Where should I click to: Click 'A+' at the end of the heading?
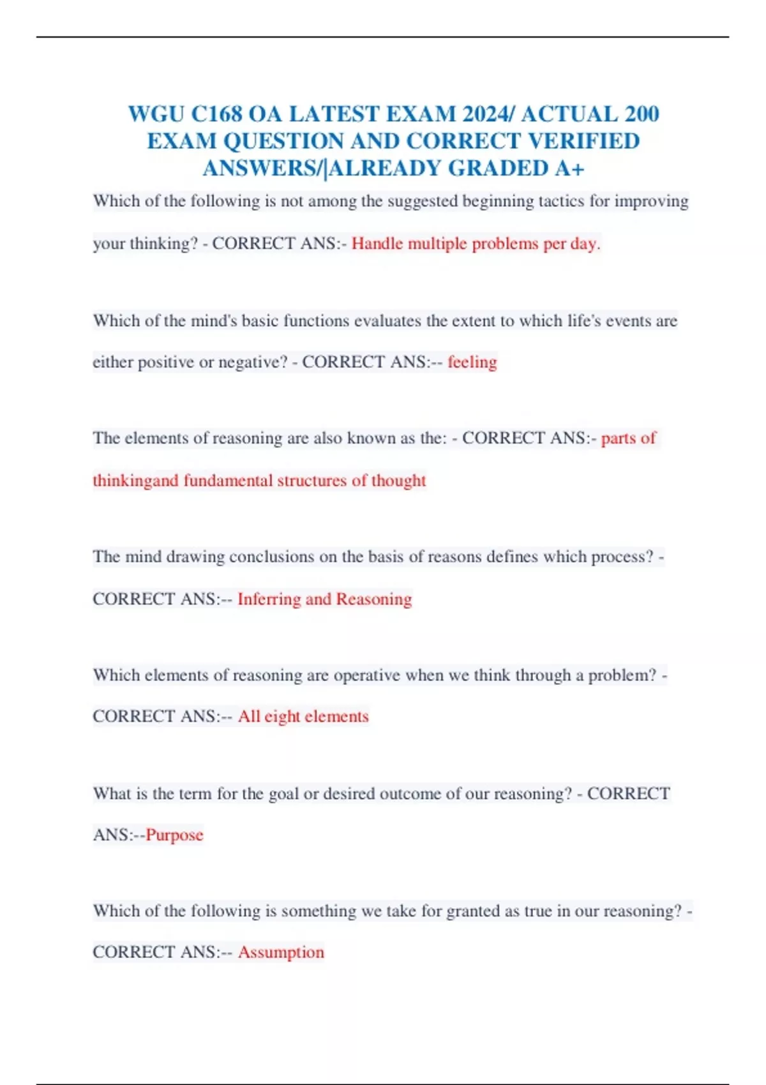[x=570, y=168]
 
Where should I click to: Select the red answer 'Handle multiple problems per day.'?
[x=476, y=244]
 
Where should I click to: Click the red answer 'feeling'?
[x=472, y=363]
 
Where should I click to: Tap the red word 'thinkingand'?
[x=135, y=481]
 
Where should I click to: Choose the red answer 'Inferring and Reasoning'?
[x=324, y=599]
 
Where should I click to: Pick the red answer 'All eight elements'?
[x=303, y=717]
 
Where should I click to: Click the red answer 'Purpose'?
[x=174, y=835]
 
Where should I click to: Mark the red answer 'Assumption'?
[x=281, y=952]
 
